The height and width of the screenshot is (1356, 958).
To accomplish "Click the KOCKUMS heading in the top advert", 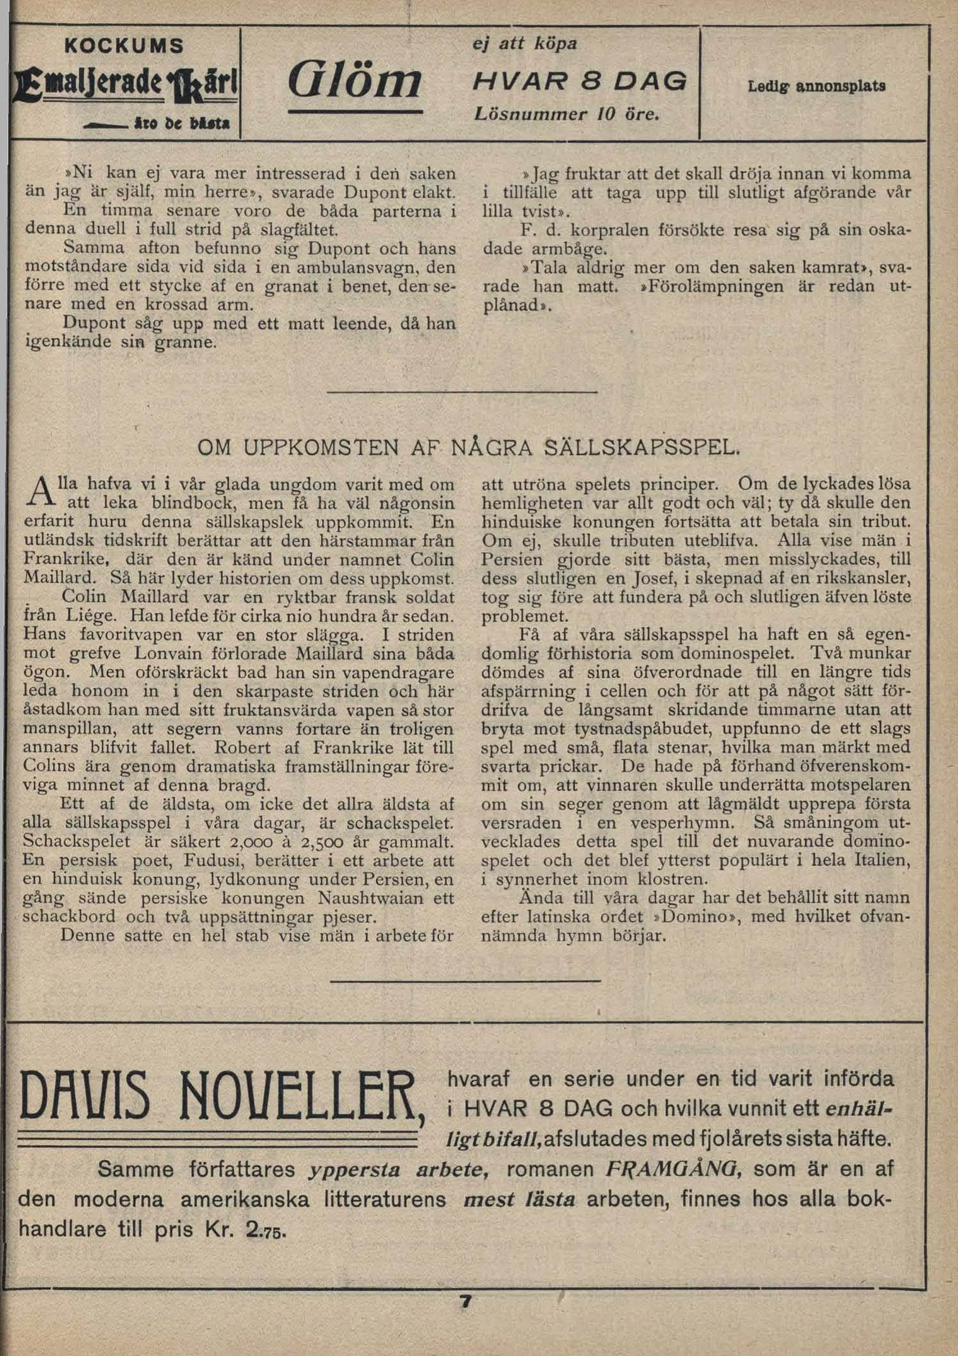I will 124,46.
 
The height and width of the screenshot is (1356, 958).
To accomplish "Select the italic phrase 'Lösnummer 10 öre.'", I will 566,114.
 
